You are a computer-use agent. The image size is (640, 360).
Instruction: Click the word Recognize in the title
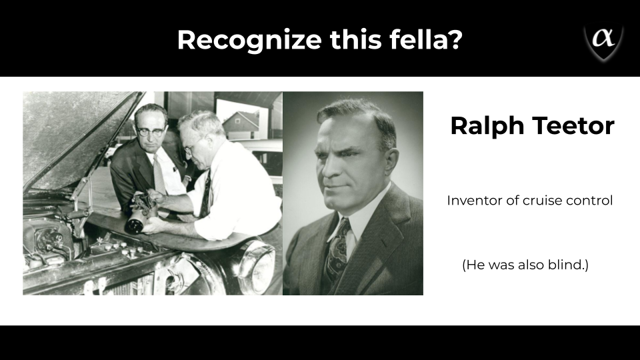(x=249, y=41)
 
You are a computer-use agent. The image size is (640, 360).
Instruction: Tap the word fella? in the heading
(x=426, y=39)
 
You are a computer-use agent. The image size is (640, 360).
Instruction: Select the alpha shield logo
(x=603, y=41)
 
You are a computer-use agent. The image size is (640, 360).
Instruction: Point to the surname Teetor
(x=573, y=126)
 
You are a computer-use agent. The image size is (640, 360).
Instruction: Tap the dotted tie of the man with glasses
(x=159, y=175)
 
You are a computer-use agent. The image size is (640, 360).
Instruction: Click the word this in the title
(x=356, y=39)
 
